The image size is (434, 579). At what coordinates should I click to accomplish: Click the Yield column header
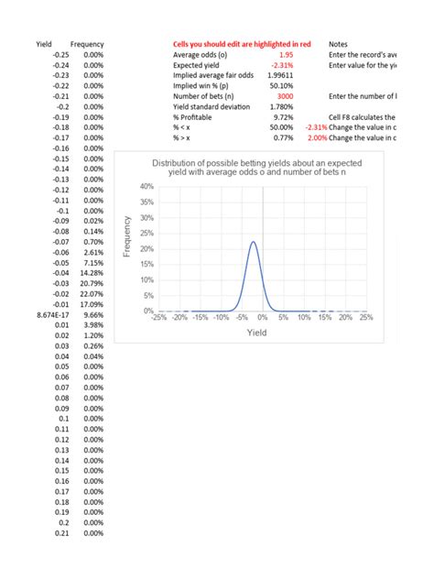[x=44, y=44]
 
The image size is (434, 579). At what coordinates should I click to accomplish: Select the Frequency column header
[x=87, y=44]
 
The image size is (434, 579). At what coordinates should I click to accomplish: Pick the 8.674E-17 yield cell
[x=49, y=314]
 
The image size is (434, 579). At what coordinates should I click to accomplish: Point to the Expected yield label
[x=200, y=65]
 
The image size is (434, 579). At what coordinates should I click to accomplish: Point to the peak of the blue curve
[x=253, y=242]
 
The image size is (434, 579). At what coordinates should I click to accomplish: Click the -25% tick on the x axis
[x=158, y=318]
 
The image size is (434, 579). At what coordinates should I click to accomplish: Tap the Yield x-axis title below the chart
[x=255, y=333]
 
